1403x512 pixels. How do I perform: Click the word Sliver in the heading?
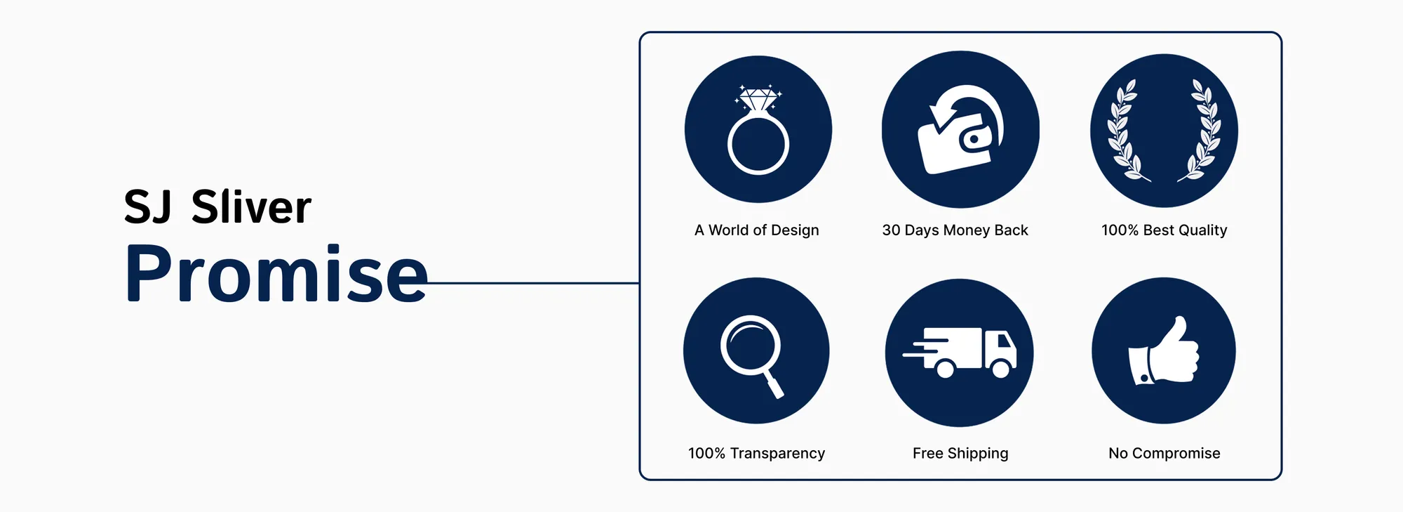[251, 207]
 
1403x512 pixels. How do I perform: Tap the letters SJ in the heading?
[147, 207]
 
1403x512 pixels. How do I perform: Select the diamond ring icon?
[758, 130]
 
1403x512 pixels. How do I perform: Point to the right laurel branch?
[1201, 131]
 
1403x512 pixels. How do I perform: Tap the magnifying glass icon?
[751, 355]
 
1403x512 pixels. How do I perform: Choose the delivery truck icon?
[960, 353]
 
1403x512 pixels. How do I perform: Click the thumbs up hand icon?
[1164, 350]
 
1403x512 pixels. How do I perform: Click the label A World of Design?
[757, 230]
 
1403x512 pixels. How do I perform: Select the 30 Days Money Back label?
[955, 230]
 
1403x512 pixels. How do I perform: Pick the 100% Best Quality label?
[1164, 230]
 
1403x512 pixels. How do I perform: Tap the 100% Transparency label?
[756, 454]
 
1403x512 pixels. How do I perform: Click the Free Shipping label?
[960, 454]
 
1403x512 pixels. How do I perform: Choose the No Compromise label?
[1164, 454]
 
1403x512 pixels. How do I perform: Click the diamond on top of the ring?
[758, 99]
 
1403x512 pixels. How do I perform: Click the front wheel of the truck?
[1001, 368]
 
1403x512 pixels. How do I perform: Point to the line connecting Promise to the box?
[533, 283]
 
